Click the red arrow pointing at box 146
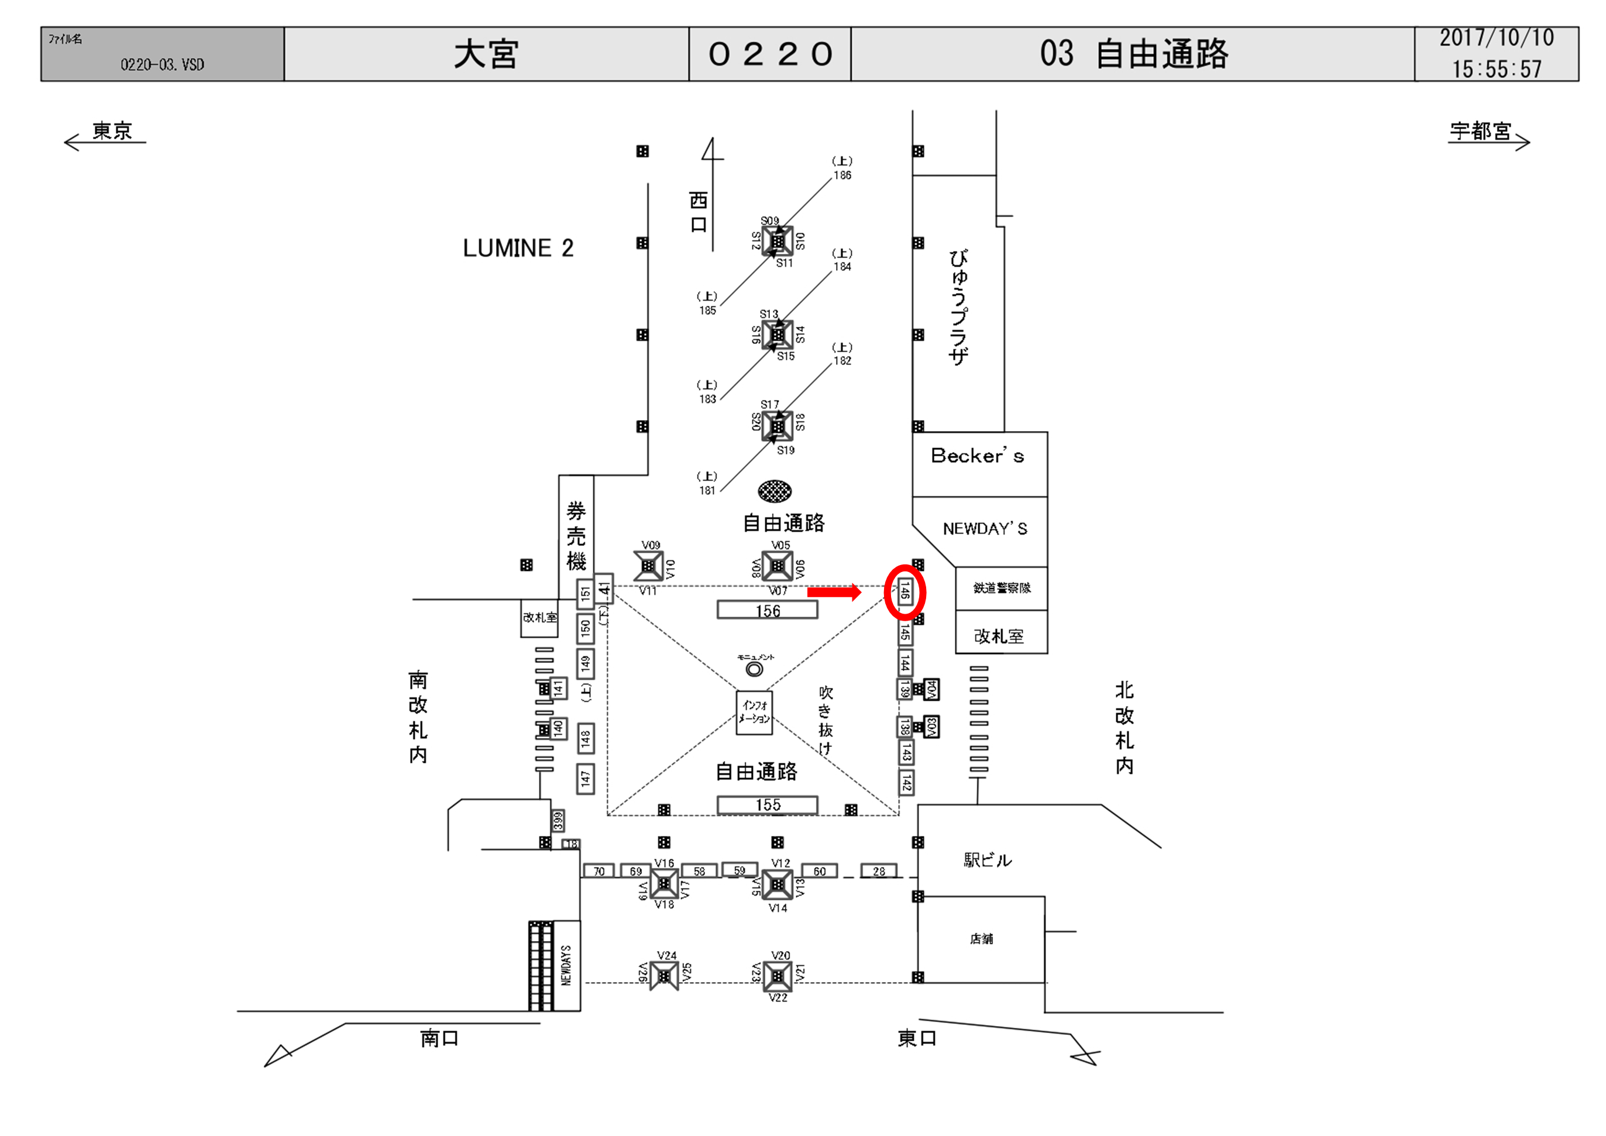coord(834,593)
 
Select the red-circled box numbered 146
coord(905,593)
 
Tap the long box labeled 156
coord(768,611)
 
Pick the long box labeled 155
coord(768,805)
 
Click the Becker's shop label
coord(977,457)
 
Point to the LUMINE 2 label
coord(518,249)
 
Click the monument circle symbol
coord(754,669)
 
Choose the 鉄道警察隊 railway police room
coord(1001,588)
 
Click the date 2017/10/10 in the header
coord(1496,39)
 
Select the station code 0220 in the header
coord(769,54)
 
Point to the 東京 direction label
coord(112,131)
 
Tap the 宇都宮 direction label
coord(1480,131)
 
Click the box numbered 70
coord(599,871)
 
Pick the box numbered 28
coord(879,871)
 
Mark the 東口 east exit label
coord(916,1038)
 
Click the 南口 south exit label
coord(439,1038)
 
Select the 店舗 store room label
coord(981,939)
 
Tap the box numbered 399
coord(558,820)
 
